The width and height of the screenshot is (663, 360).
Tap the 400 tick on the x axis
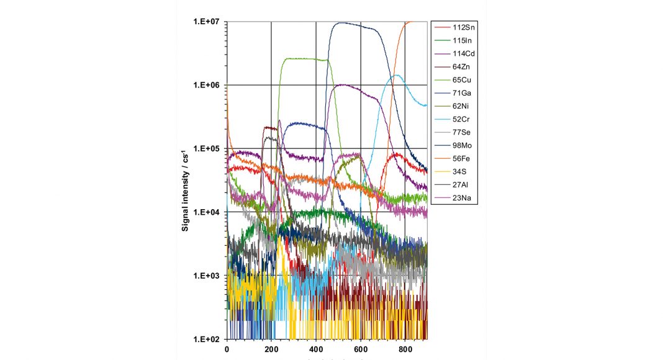(x=316, y=350)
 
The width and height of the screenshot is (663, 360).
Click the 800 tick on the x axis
(x=405, y=350)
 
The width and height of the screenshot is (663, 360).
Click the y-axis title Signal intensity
(x=186, y=187)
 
